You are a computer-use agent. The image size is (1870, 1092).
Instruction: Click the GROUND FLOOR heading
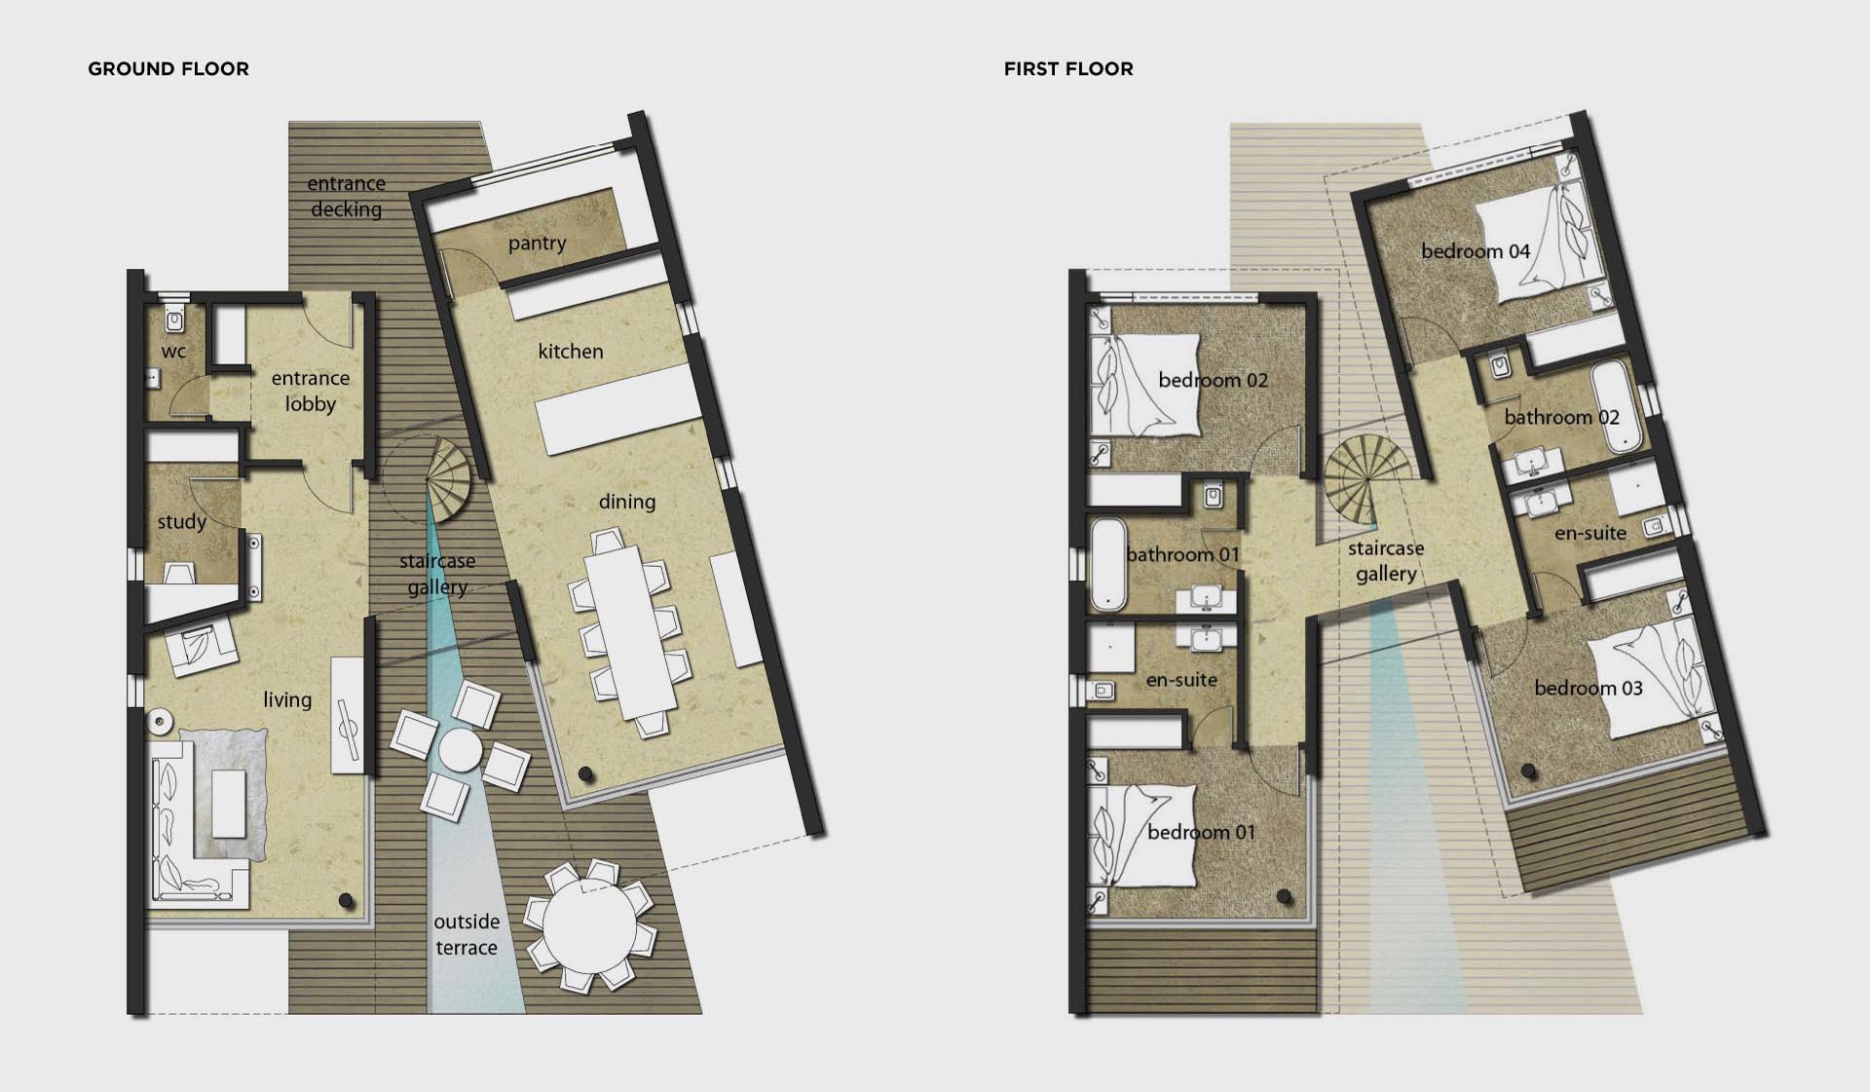(x=168, y=69)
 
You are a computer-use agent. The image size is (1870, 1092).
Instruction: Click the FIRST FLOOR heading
(x=1068, y=69)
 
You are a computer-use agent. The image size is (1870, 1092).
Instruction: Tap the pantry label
(x=537, y=244)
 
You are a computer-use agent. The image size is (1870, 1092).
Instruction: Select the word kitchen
(x=571, y=352)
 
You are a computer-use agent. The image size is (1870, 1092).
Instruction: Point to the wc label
(x=173, y=352)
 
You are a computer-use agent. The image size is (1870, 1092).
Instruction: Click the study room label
(x=182, y=522)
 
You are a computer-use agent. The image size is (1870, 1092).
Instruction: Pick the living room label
(x=287, y=699)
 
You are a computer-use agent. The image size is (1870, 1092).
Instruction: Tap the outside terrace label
(x=467, y=934)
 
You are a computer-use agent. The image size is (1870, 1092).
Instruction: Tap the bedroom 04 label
(x=1476, y=251)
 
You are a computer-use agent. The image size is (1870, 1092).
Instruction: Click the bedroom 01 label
(x=1201, y=832)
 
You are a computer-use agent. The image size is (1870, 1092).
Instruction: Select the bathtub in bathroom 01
(x=1108, y=564)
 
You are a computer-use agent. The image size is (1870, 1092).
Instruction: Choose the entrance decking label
(x=347, y=196)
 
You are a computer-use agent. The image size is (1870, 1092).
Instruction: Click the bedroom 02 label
(x=1213, y=380)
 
